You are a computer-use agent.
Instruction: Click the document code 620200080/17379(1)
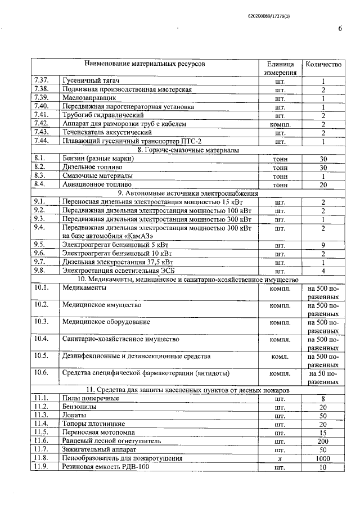(x=270, y=16)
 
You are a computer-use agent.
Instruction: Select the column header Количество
(x=323, y=65)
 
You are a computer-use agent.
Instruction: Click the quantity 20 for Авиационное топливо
(x=323, y=184)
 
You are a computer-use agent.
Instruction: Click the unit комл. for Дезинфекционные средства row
(x=280, y=357)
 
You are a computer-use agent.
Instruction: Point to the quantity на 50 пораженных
(x=323, y=377)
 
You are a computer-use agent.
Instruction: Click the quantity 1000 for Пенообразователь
(x=323, y=458)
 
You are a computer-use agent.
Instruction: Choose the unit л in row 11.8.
(x=280, y=459)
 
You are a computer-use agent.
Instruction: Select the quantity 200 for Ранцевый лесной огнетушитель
(x=323, y=441)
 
